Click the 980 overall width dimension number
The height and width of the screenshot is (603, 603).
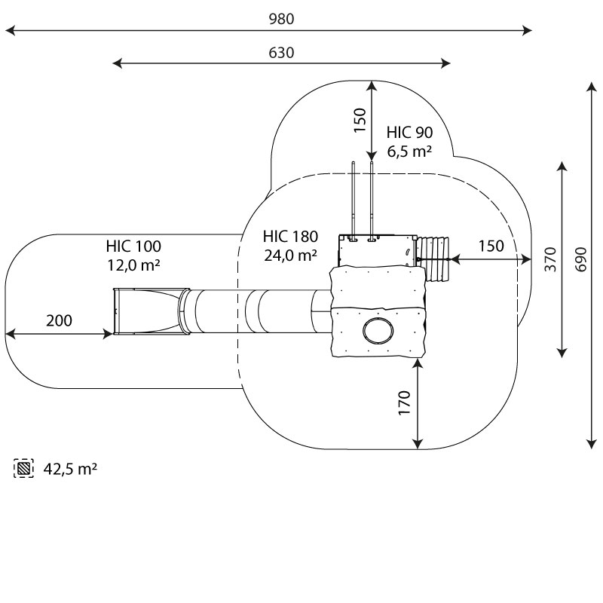[x=281, y=20]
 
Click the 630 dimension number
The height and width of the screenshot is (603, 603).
[x=281, y=53]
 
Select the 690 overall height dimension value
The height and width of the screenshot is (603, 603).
[x=580, y=260]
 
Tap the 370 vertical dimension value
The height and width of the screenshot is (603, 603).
[x=549, y=259]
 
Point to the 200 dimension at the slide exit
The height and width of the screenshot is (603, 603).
[x=60, y=320]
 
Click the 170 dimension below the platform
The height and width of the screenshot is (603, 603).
[x=404, y=403]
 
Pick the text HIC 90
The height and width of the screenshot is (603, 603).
[x=409, y=131]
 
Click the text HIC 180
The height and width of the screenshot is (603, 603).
[x=290, y=236]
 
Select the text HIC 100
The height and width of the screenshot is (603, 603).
[x=133, y=246]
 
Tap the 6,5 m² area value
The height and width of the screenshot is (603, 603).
[x=409, y=151]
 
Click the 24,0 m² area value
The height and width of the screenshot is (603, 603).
[x=290, y=256]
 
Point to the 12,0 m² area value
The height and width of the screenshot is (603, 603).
[x=133, y=265]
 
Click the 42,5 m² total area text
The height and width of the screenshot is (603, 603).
[x=70, y=469]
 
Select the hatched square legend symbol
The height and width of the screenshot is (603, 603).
[x=24, y=469]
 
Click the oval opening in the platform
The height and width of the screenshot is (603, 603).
[x=377, y=331]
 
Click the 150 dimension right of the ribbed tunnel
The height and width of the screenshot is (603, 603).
[x=491, y=246]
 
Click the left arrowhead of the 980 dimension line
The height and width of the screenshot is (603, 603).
[x=9, y=31]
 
